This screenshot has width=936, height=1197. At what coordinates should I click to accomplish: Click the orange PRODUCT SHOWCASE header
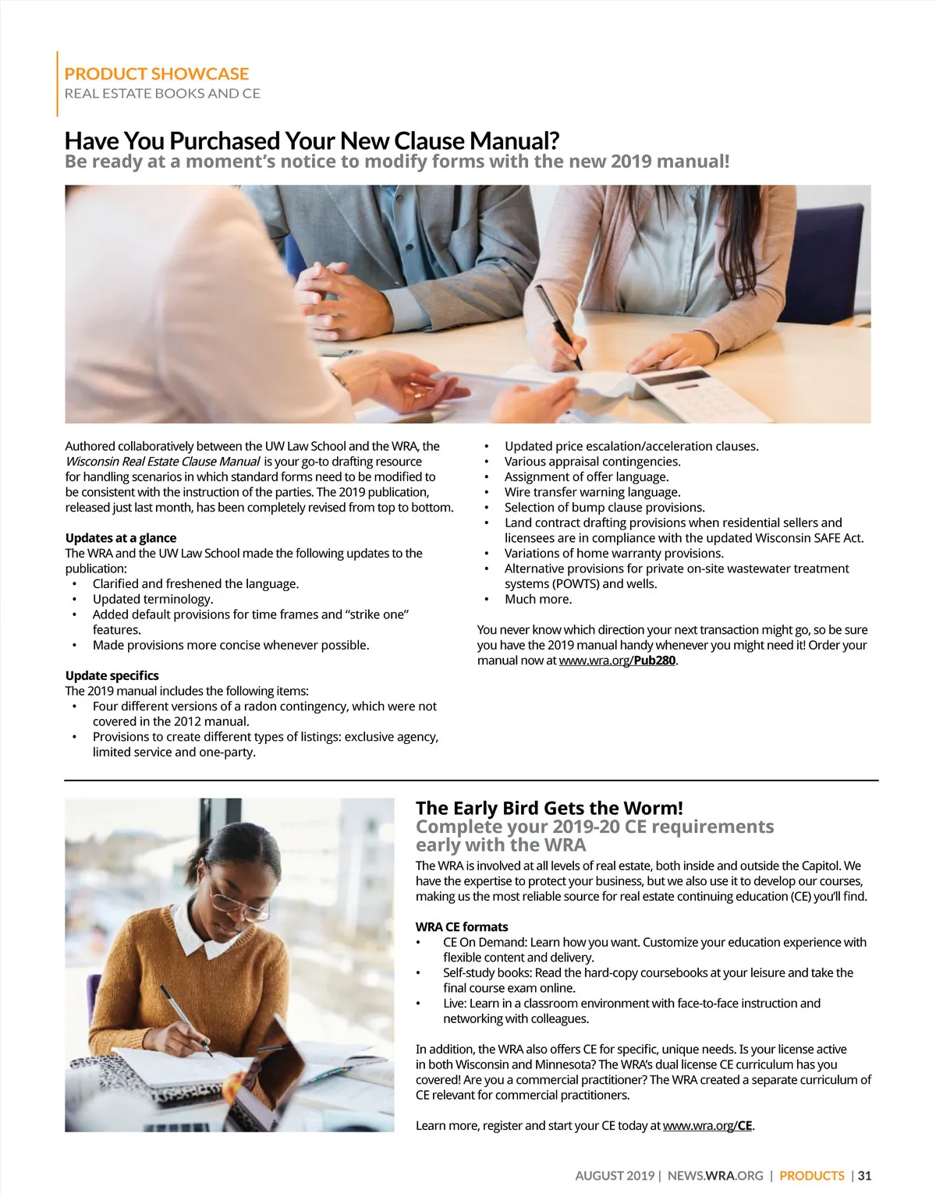pos(156,74)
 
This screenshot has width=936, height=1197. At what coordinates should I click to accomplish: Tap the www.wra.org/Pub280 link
pos(617,660)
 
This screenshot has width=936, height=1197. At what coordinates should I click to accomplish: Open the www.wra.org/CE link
pos(708,1125)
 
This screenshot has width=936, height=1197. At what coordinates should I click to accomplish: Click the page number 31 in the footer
pos(863,1175)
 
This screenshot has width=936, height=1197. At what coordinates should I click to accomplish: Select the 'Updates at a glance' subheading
pos(121,538)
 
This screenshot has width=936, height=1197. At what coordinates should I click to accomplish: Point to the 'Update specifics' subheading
pos(112,675)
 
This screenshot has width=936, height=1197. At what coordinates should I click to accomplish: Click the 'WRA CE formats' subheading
pos(462,926)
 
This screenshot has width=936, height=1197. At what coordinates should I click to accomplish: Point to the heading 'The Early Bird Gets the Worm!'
pos(549,808)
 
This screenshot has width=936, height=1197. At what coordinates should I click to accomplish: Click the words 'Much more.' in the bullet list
pos(538,599)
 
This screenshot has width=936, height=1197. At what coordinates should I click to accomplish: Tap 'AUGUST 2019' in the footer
pos(615,1175)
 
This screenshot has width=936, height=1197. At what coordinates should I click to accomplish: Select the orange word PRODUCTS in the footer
pos(812,1175)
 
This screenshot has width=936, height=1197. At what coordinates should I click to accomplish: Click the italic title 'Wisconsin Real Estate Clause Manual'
pos(162,462)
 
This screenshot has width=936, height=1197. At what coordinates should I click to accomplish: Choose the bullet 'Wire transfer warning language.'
pos(592,492)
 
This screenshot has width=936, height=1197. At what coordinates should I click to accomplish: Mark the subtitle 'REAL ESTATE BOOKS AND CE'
pos(162,94)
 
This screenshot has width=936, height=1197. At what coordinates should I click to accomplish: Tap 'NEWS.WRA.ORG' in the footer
pos(715,1175)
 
